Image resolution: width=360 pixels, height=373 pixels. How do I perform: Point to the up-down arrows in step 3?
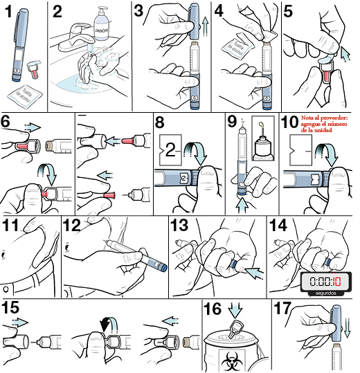pyautogui.click(x=206, y=30)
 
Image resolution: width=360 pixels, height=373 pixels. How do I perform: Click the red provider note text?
pyautogui.click(x=327, y=125)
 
